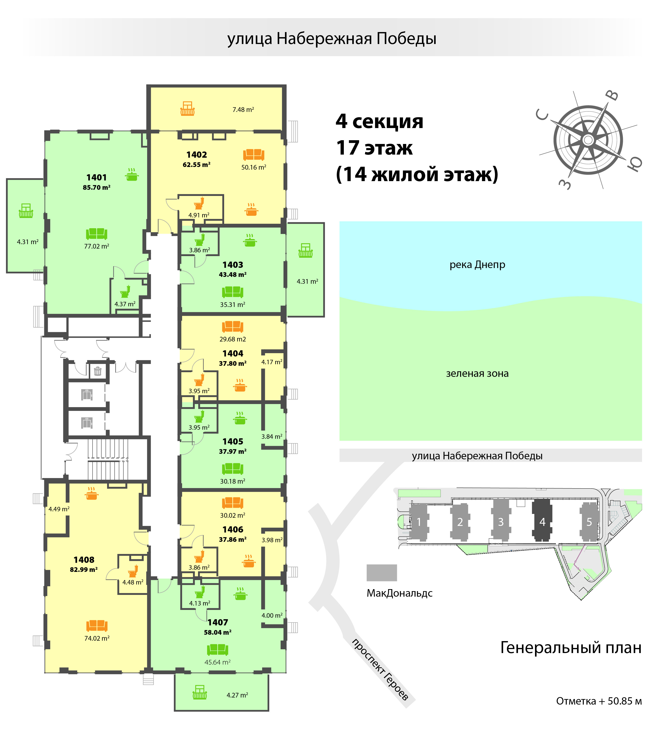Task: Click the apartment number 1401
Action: click(96, 177)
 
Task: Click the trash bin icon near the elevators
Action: click(97, 371)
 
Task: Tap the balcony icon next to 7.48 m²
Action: click(187, 109)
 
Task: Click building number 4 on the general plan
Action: click(542, 522)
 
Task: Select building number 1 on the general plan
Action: click(419, 522)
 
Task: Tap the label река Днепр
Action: click(477, 265)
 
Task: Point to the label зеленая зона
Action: click(477, 373)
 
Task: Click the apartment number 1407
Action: click(218, 623)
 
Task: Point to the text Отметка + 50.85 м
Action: click(599, 701)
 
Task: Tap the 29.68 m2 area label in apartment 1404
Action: click(233, 339)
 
